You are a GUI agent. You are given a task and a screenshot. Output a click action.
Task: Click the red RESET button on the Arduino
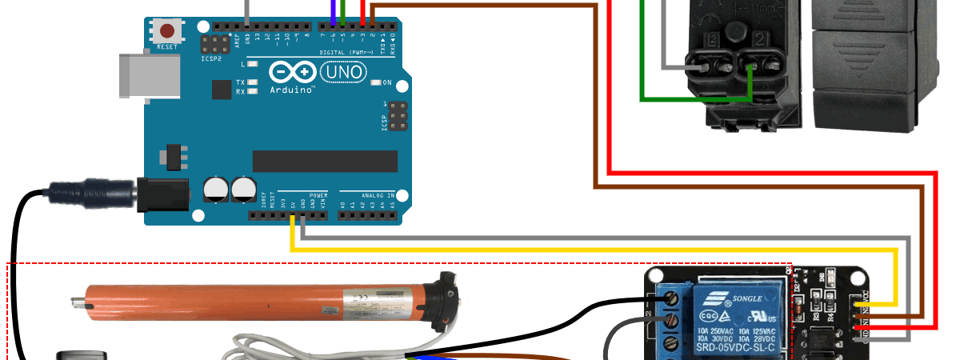point(167,32)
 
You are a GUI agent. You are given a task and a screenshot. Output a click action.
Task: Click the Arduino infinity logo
point(293,73)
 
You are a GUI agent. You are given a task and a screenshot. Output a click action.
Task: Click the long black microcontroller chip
point(325,161)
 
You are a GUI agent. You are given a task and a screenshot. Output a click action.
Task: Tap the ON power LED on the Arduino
point(375,82)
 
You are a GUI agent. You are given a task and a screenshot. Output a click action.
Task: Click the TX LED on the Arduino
point(253,82)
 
